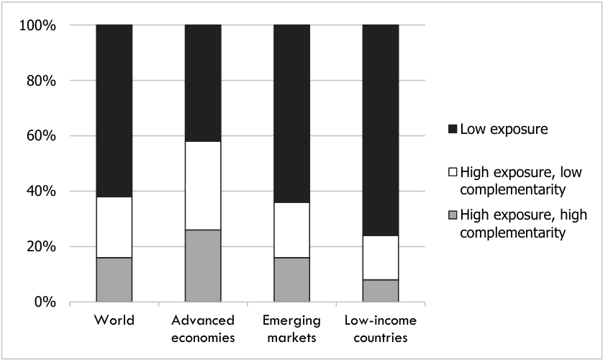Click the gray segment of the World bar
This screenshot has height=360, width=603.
coord(114,279)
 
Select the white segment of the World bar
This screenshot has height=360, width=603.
coord(114,228)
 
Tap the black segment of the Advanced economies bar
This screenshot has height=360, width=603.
coord(203,83)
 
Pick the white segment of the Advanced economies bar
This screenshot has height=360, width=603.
coord(203,186)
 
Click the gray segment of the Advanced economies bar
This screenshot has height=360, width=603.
coord(203,266)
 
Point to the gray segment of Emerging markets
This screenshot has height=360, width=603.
coord(292,279)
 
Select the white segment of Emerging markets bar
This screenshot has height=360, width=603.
coord(292,230)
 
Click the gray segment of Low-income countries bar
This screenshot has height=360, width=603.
coord(381,291)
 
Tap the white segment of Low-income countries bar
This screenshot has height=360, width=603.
coord(381,258)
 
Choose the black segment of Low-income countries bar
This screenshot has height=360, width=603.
coord(381,130)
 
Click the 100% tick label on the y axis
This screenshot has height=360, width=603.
coord(37,26)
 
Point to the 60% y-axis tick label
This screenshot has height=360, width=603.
coord(41,136)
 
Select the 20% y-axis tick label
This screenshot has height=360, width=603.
coord(41,247)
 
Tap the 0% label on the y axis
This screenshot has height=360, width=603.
coord(45,302)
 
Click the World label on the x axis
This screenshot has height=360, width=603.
coord(114,320)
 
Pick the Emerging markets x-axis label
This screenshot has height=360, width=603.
coord(292,329)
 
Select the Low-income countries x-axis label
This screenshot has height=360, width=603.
coord(381,329)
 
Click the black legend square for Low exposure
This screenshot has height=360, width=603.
coord(453,129)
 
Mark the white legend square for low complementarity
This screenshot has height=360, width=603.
coord(453,172)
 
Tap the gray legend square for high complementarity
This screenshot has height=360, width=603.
coord(453,215)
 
